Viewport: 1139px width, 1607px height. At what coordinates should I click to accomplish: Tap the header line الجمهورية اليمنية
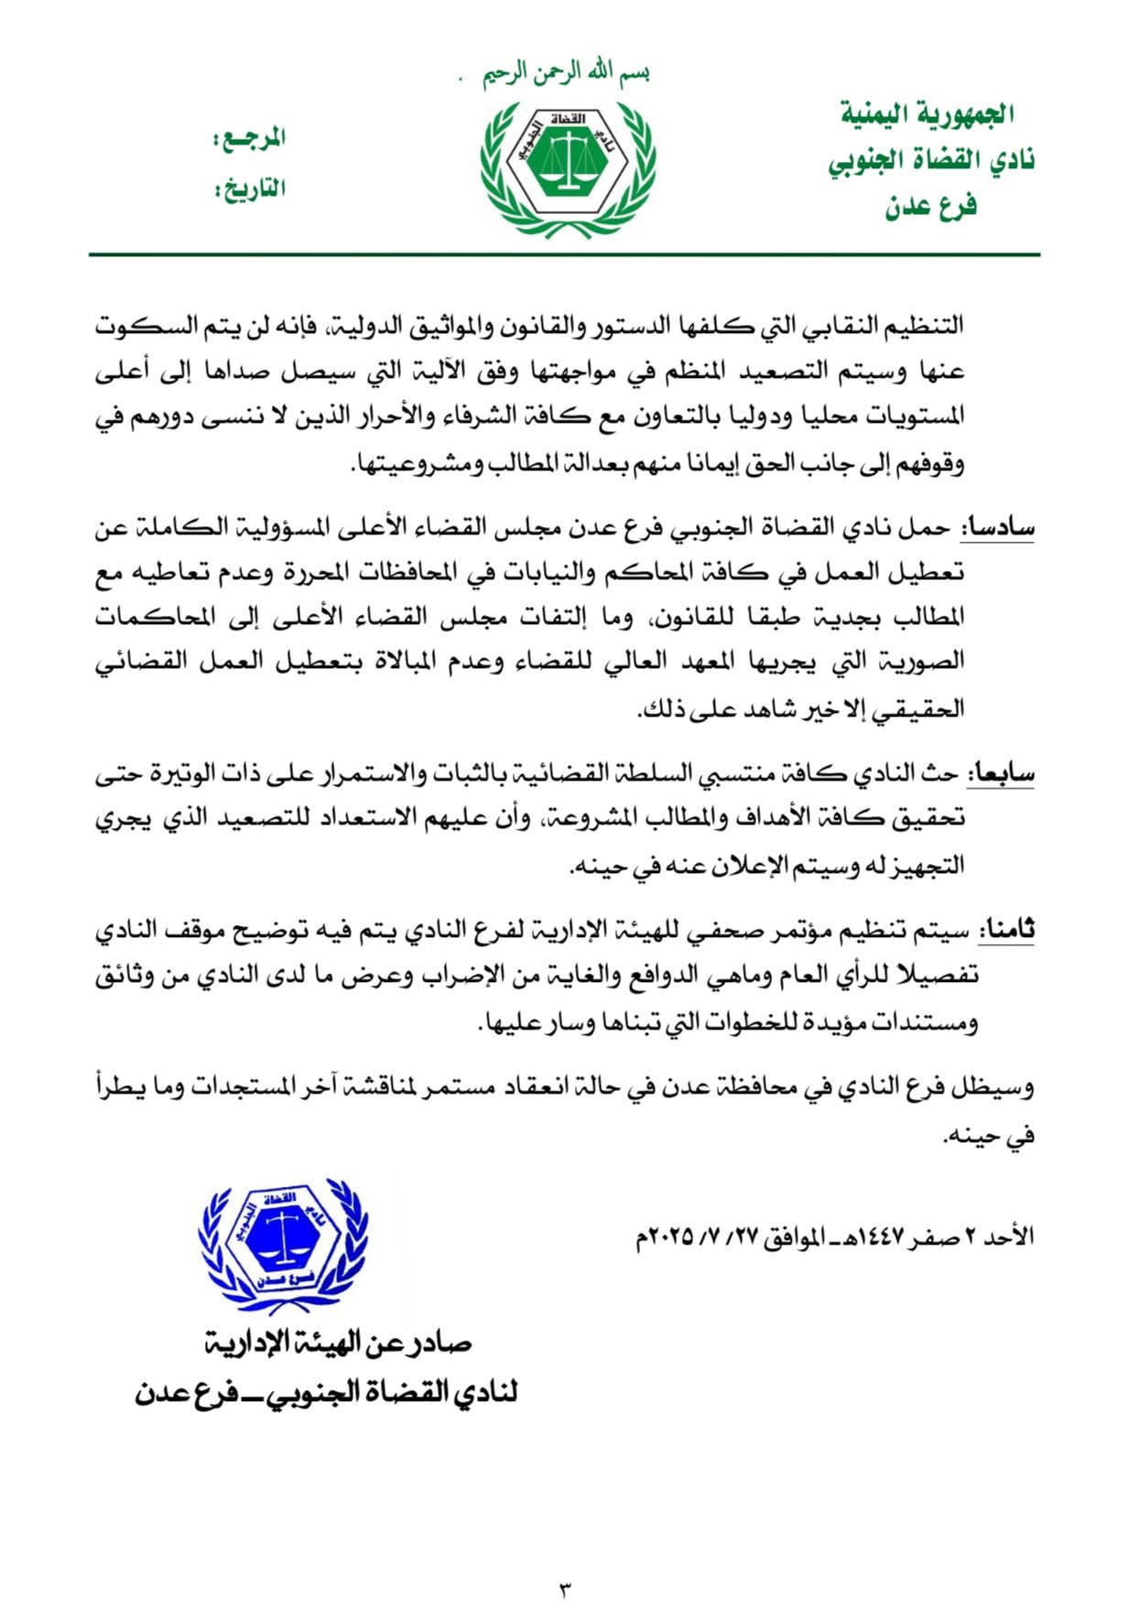tap(927, 115)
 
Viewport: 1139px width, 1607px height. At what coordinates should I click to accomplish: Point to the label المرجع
tap(250, 139)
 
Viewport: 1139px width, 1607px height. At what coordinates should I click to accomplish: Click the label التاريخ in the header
tap(250, 189)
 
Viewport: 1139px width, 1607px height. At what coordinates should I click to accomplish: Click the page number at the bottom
tap(564, 1588)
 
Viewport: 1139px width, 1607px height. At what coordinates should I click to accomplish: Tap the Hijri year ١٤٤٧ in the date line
tap(875, 1237)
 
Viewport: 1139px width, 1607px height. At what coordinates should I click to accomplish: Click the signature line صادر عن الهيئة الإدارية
tap(338, 1343)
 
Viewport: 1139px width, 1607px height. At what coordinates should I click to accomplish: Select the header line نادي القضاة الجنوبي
tap(930, 161)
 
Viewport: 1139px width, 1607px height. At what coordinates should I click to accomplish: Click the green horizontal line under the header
tap(564, 254)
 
